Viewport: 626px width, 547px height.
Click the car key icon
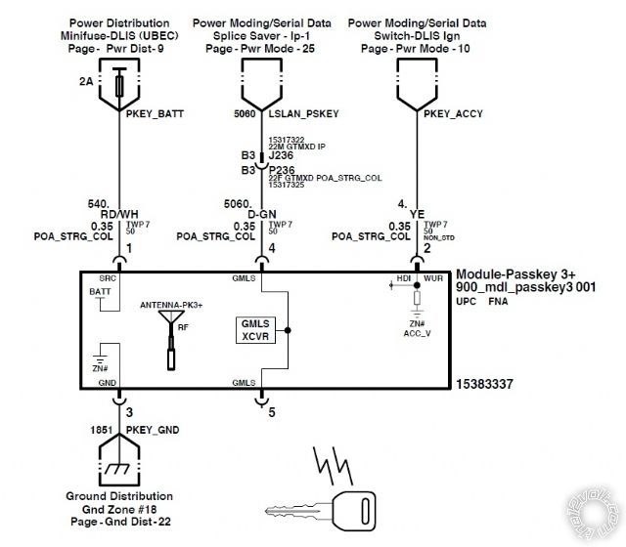coord(322,508)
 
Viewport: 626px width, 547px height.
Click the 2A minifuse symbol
coord(119,82)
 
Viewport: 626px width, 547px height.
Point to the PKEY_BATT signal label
coord(155,113)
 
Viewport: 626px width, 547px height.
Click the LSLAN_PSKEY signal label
coord(301,113)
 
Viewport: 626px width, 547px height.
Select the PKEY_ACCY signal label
coord(454,113)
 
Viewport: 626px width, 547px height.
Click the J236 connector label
coord(281,153)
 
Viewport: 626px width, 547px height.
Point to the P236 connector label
coord(281,167)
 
